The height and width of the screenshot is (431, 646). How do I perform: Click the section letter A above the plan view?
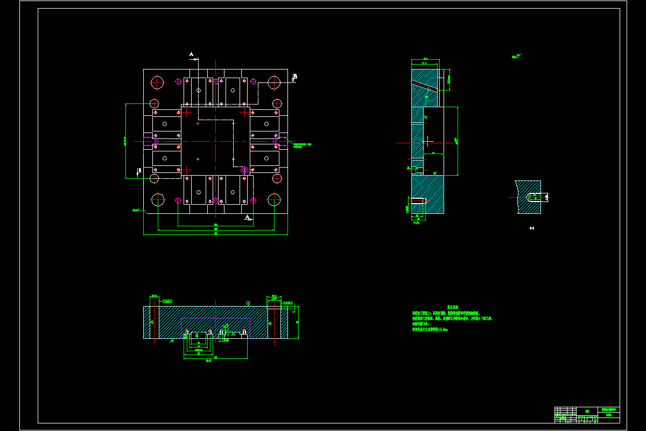(x=191, y=54)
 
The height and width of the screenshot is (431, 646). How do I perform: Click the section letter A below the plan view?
(x=247, y=217)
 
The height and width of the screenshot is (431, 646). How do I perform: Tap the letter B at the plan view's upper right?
(x=295, y=77)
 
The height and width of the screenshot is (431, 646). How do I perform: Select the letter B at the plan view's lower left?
(x=139, y=171)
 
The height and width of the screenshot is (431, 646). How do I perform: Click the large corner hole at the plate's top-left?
(x=157, y=82)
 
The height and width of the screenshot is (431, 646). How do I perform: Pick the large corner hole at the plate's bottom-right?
(x=275, y=200)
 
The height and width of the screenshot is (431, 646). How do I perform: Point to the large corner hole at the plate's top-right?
(x=274, y=82)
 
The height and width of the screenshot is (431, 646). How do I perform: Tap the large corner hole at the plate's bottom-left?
(x=157, y=200)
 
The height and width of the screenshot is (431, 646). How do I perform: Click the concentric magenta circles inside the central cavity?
(x=244, y=170)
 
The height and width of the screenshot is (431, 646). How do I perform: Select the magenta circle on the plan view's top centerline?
(x=216, y=81)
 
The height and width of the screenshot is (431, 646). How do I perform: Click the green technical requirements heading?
(x=452, y=307)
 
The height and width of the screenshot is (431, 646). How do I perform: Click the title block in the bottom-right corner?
(x=587, y=414)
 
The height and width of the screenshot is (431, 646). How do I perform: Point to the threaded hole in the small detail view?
(x=536, y=197)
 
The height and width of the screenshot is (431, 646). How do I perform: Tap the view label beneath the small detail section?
(x=532, y=228)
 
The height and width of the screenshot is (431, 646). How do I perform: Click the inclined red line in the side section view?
(x=425, y=86)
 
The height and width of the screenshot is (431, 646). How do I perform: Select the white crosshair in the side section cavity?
(x=428, y=141)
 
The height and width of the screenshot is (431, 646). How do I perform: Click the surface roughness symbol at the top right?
(x=517, y=55)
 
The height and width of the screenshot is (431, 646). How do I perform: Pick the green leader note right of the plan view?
(x=301, y=145)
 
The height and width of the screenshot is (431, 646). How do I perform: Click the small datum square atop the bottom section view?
(x=248, y=303)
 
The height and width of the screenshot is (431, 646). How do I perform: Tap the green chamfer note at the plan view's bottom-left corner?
(x=136, y=210)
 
